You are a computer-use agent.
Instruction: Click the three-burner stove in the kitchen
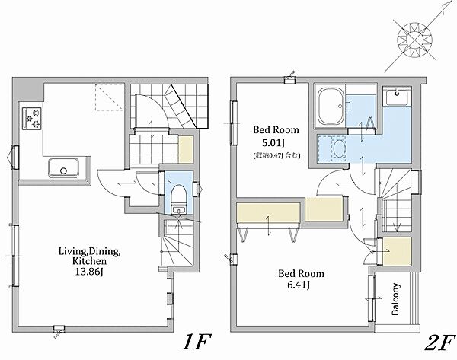tap(32, 119)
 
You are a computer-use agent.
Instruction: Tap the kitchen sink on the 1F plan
tap(63, 167)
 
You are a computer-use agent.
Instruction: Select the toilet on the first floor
tap(179, 195)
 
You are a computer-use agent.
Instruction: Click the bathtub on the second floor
tap(331, 107)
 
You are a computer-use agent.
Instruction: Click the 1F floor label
tap(196, 342)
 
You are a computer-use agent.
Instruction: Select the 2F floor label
tap(439, 342)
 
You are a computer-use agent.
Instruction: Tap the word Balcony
tap(395, 299)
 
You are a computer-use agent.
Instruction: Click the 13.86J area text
tap(89, 272)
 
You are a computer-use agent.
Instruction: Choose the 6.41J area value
tap(299, 285)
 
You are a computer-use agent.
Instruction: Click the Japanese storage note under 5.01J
tap(276, 155)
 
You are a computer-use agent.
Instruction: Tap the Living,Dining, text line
tap(89, 251)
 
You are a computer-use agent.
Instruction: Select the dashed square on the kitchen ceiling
tap(110, 97)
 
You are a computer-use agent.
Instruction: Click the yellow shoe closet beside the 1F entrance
tap(186, 149)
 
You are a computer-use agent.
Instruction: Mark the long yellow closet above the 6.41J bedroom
tap(268, 212)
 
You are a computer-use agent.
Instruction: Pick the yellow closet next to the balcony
tap(397, 251)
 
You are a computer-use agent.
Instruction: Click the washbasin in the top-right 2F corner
tap(397, 97)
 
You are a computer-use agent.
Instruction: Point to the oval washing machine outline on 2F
tap(338, 148)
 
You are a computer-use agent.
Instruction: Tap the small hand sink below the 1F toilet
tap(177, 210)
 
